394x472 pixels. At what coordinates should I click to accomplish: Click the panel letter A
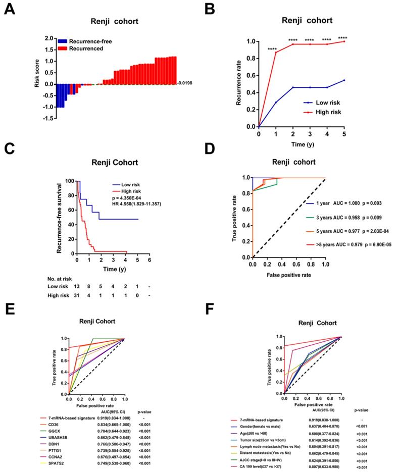pyautogui.click(x=9, y=10)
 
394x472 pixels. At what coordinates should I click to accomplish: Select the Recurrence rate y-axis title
pyautogui.click(x=240, y=83)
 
